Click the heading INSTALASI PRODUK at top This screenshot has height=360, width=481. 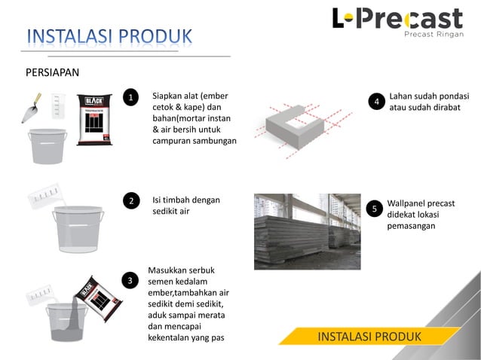point(109,36)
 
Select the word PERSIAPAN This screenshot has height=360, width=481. point(53,72)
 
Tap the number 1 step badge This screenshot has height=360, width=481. point(130,98)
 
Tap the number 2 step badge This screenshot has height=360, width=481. point(130,200)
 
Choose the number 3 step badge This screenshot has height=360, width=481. point(130,280)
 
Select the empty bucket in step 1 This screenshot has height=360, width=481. point(47,145)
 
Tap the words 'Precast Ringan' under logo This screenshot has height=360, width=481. point(433,34)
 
